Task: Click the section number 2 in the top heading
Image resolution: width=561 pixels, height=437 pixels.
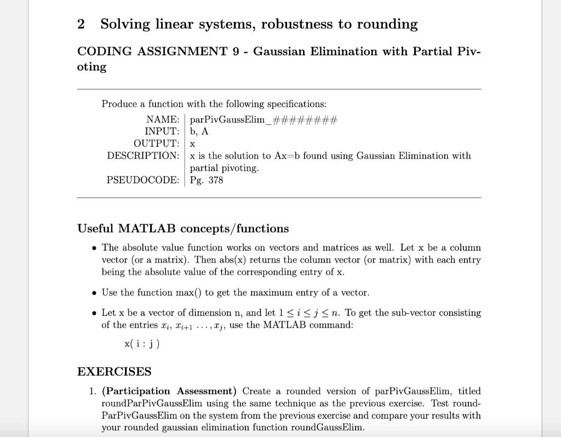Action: (x=81, y=25)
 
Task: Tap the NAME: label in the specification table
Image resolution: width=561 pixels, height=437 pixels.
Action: (x=163, y=119)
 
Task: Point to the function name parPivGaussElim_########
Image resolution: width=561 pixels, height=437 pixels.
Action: (x=264, y=120)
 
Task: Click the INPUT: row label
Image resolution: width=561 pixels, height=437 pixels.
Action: (x=162, y=131)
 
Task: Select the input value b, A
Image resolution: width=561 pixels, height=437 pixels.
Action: (x=199, y=132)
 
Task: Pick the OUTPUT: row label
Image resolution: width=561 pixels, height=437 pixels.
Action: (x=156, y=144)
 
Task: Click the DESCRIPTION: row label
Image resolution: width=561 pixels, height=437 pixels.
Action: (x=143, y=156)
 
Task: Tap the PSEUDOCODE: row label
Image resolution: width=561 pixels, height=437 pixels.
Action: (x=142, y=180)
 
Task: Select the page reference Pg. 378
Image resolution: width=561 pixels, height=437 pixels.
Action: (x=207, y=180)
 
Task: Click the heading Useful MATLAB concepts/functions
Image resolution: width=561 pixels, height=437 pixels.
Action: (x=183, y=228)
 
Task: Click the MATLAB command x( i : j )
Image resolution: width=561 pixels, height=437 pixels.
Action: (x=142, y=343)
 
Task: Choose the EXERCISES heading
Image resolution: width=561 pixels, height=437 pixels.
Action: (x=114, y=372)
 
